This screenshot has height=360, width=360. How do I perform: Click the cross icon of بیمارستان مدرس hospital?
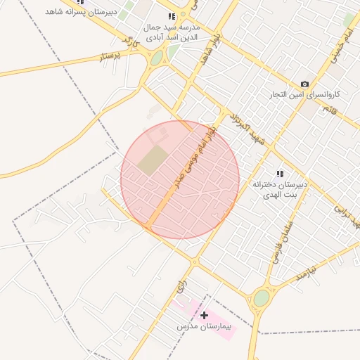coord(204,315)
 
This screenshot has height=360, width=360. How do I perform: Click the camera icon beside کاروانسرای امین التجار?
coord(304,84)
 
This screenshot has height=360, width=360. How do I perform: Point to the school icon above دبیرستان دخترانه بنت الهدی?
coord(280,173)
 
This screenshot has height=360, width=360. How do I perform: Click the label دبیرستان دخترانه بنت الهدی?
coord(281,189)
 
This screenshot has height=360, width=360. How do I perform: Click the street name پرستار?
coord(110,56)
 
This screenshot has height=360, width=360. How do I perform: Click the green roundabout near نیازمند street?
coord(261,298)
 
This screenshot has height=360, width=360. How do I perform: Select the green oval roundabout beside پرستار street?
coord(156,59)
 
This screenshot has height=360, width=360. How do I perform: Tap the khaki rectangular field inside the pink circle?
coord(153,161)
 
